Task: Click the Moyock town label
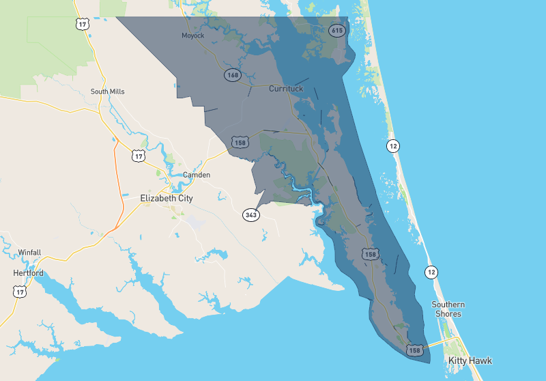click(x=193, y=36)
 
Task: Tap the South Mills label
click(x=108, y=91)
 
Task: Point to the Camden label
click(x=197, y=175)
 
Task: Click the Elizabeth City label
click(x=167, y=199)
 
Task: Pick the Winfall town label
click(x=29, y=253)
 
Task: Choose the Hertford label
click(x=28, y=273)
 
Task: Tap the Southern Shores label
click(x=449, y=309)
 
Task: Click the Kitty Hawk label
click(x=470, y=361)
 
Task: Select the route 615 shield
click(x=336, y=30)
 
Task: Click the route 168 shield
click(x=233, y=74)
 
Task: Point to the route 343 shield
click(x=251, y=215)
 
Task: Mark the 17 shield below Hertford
click(x=19, y=292)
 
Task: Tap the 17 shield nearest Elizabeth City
click(x=139, y=156)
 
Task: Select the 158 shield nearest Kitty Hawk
click(x=414, y=350)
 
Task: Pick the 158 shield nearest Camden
click(x=240, y=143)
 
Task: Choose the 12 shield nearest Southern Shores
click(x=431, y=273)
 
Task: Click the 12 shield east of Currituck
click(x=392, y=145)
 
